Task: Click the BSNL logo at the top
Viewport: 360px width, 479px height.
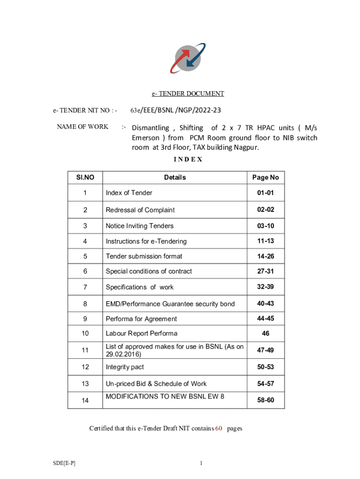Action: pos(187,58)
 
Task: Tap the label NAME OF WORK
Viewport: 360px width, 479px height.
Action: pos(82,127)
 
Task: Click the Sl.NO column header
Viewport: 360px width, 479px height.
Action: pos(85,177)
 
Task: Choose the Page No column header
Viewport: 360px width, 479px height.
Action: pos(266,177)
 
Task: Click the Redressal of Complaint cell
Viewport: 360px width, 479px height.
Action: pos(140,210)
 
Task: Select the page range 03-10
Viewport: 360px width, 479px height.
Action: pos(266,226)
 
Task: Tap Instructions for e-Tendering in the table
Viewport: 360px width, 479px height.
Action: pos(146,241)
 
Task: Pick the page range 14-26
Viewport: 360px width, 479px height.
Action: pos(266,256)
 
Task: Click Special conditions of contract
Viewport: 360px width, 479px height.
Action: pos(149,271)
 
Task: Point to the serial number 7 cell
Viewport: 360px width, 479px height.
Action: pos(85,287)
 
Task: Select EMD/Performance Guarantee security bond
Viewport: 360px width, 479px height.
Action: pos(170,304)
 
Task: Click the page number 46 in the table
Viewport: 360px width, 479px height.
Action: pos(266,334)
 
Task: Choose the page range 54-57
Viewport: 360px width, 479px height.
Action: pos(266,384)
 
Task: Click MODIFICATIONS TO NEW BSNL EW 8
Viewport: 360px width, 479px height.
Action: pos(165,396)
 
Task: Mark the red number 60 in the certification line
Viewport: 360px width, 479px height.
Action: pos(218,428)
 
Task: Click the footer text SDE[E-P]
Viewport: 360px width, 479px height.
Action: pos(64,463)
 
